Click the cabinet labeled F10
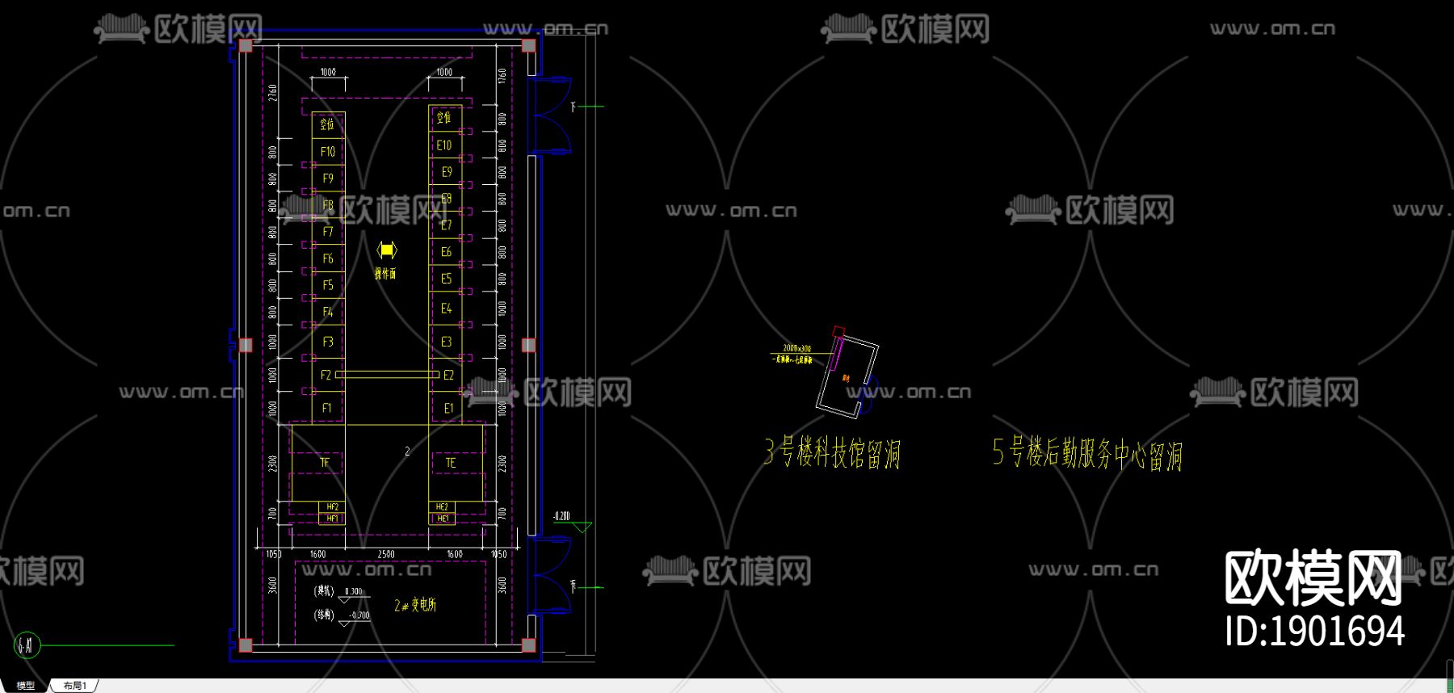328,152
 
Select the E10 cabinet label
444,145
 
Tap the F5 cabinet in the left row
328,285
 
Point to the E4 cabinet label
446,309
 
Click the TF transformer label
325,463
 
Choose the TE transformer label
451,463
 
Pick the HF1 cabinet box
332,519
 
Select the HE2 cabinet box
442,507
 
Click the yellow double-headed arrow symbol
387,250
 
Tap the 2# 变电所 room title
415,605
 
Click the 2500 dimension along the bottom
386,554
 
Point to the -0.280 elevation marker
561,516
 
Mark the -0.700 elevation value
359,615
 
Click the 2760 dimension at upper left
273,92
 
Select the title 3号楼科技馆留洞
832,453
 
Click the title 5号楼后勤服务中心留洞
1087,454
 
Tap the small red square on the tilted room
838,331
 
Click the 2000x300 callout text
796,349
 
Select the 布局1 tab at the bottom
74,686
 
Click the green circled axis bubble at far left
27,645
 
